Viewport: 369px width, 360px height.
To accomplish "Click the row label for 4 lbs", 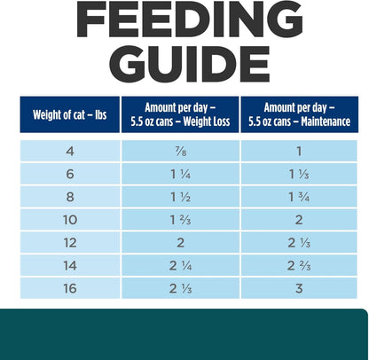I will pyautogui.click(x=70, y=153).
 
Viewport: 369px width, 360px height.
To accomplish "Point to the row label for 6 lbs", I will pyautogui.click(x=70, y=174).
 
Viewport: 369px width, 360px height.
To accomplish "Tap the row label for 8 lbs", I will pyautogui.click(x=70, y=196).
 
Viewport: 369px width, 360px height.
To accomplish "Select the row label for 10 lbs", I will pyautogui.click(x=70, y=218).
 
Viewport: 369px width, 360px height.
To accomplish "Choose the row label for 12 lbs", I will pyautogui.click(x=70, y=240).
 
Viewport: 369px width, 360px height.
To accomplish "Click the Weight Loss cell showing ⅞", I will pyautogui.click(x=182, y=153).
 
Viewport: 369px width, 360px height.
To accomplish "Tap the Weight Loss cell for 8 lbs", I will pyautogui.click(x=182, y=196).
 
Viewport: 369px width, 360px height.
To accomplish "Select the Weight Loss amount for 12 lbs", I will pyautogui.click(x=182, y=240).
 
